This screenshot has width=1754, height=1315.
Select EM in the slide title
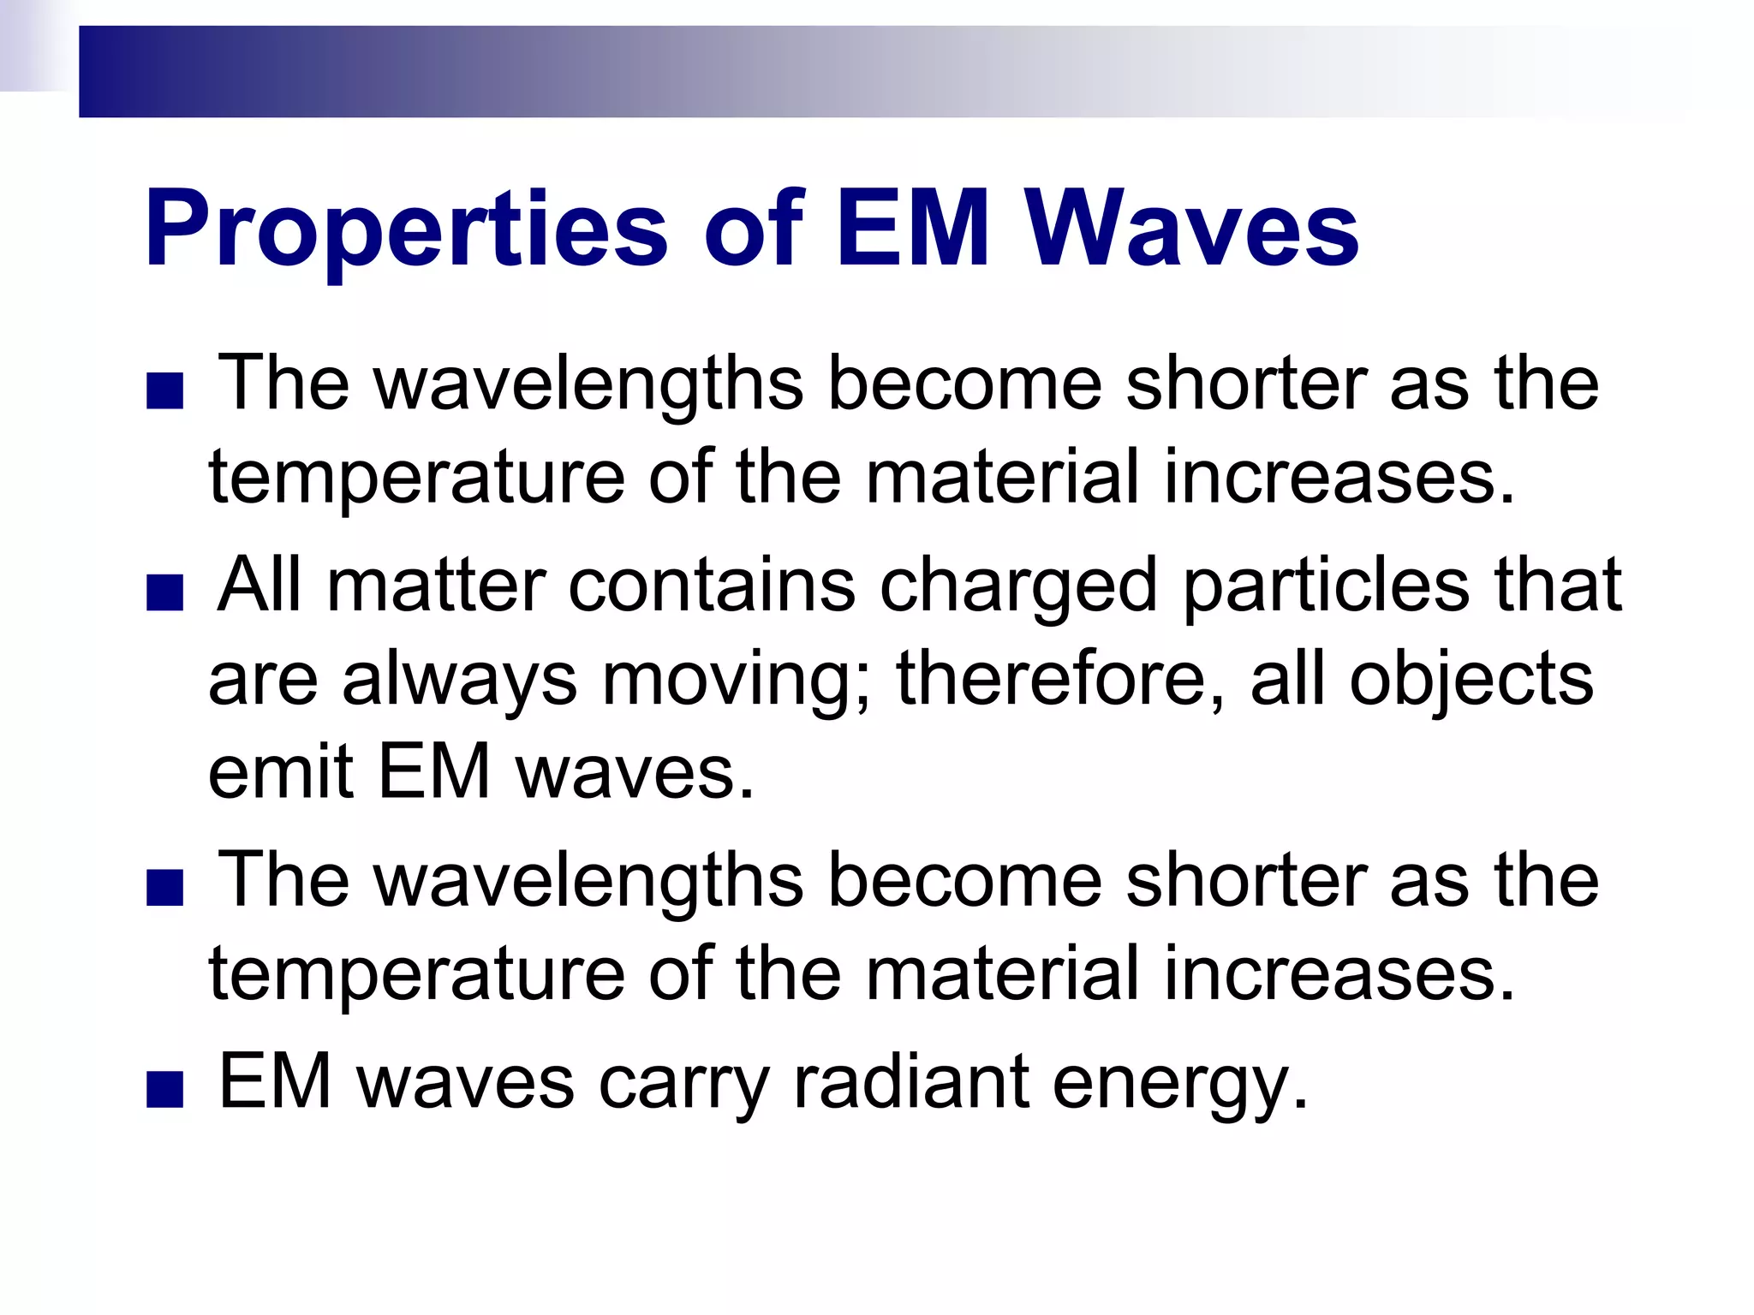tap(912, 229)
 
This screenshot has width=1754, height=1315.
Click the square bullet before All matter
tap(165, 593)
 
